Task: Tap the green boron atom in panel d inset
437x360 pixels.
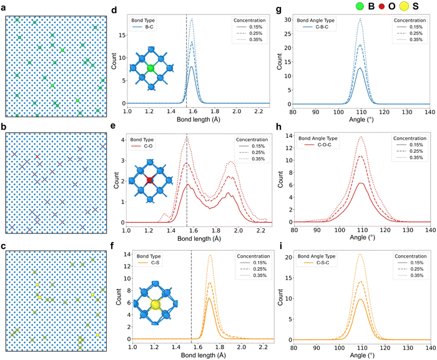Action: click(x=150, y=67)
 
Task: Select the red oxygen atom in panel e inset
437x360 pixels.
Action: click(x=150, y=180)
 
